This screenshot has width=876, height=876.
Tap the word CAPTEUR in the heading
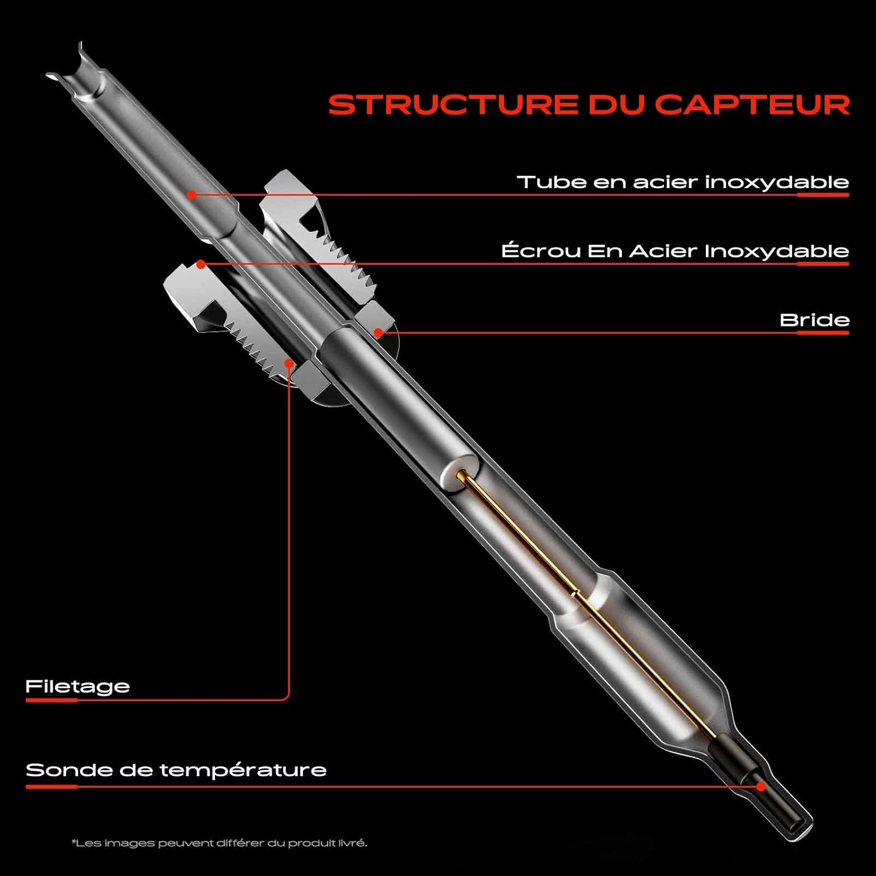pyautogui.click(x=752, y=105)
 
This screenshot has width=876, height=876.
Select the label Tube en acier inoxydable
pyautogui.click(x=682, y=182)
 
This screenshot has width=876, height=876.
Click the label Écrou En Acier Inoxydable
pyautogui.click(x=675, y=251)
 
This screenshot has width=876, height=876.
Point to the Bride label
pyautogui.click(x=814, y=320)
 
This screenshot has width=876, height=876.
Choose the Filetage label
pyautogui.click(x=78, y=686)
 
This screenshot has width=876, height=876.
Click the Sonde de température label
pyautogui.click(x=176, y=770)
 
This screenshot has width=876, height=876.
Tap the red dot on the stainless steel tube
pyautogui.click(x=192, y=194)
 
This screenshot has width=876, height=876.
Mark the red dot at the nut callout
pyautogui.click(x=201, y=265)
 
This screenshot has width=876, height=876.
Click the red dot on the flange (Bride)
pyautogui.click(x=378, y=333)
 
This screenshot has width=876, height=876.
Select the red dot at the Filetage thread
pyautogui.click(x=288, y=363)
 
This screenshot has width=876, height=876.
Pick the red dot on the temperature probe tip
pyautogui.click(x=761, y=787)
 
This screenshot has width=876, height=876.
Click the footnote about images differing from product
pyautogui.click(x=219, y=843)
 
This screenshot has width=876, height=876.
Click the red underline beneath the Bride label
pyautogui.click(x=823, y=333)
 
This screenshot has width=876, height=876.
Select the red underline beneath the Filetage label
pyautogui.click(x=51, y=700)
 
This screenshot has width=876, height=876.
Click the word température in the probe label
pyautogui.click(x=243, y=770)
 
